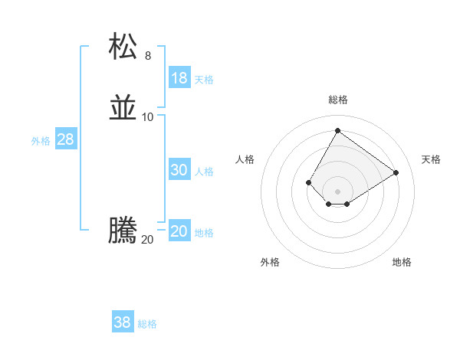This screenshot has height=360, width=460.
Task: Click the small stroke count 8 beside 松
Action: tap(148, 55)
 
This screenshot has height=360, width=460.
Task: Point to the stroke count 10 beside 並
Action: tap(148, 116)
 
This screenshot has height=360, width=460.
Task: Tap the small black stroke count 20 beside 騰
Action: tap(148, 239)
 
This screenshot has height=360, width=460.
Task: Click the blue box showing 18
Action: tap(179, 78)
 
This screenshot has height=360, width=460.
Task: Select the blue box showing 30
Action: tap(179, 170)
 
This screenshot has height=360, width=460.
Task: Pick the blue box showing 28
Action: tap(65, 139)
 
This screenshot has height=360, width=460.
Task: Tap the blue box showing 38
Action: tap(123, 322)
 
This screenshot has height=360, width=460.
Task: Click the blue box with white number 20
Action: tap(179, 231)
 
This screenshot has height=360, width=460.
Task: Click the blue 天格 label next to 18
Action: tap(204, 80)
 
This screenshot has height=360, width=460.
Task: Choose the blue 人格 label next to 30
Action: tap(204, 172)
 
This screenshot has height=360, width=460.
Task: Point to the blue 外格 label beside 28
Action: tap(41, 141)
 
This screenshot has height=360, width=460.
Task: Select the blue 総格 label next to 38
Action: tap(147, 324)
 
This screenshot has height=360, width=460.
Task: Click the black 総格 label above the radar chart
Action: tap(338, 100)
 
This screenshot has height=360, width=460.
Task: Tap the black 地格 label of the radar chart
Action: tap(402, 262)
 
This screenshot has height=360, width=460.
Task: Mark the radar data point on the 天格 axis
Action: tap(396, 172)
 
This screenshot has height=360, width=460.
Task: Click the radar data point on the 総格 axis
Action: tap(337, 130)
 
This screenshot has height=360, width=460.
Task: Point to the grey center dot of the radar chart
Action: tap(337, 191)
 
